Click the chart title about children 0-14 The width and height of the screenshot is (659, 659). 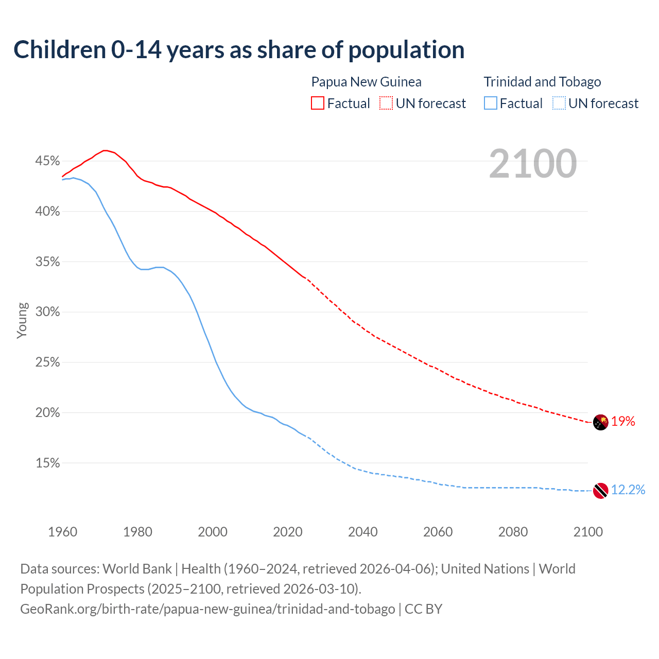point(239,50)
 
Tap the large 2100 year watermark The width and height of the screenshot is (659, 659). point(532,164)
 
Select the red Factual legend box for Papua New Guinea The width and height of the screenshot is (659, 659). point(318,103)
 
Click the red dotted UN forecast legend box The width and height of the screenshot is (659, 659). point(386,103)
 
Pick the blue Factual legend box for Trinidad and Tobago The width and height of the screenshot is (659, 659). point(491,103)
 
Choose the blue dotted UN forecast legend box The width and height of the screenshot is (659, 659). point(559,103)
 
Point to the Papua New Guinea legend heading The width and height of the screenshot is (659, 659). point(366,82)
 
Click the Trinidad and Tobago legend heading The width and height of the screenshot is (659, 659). point(542,82)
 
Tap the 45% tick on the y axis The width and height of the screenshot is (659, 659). point(47,161)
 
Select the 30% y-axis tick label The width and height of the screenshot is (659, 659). point(47,312)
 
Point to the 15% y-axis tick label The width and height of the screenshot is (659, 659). point(47,463)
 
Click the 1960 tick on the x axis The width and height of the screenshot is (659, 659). point(62,532)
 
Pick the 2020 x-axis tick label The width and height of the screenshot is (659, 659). point(287,532)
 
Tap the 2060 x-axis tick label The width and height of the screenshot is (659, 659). point(438,532)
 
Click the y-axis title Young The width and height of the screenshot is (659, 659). point(22,320)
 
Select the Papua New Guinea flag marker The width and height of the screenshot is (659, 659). point(600,423)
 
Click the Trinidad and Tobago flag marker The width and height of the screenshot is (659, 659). point(600,491)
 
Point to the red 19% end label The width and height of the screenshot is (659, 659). point(623,422)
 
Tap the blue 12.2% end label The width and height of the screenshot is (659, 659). point(628,490)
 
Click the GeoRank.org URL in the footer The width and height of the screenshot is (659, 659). point(207,609)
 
